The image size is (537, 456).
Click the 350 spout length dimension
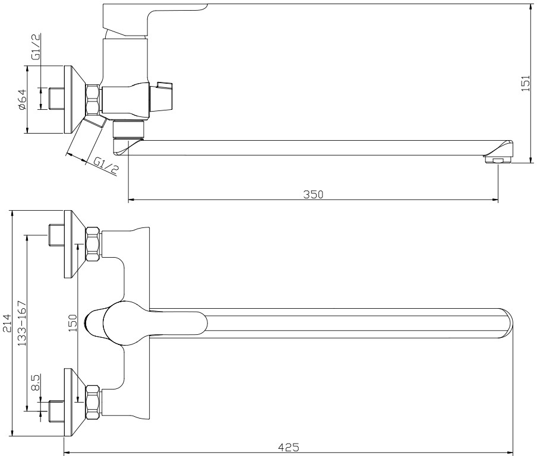[313, 194]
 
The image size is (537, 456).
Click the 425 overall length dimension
[288, 447]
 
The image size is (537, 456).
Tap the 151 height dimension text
[526, 83]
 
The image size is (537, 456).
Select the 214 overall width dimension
[7, 323]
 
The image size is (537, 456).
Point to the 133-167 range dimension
[22, 323]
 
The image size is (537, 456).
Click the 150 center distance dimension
[73, 323]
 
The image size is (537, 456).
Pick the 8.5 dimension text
[36, 382]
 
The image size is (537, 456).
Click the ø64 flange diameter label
[22, 99]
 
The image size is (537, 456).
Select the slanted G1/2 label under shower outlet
[106, 166]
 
